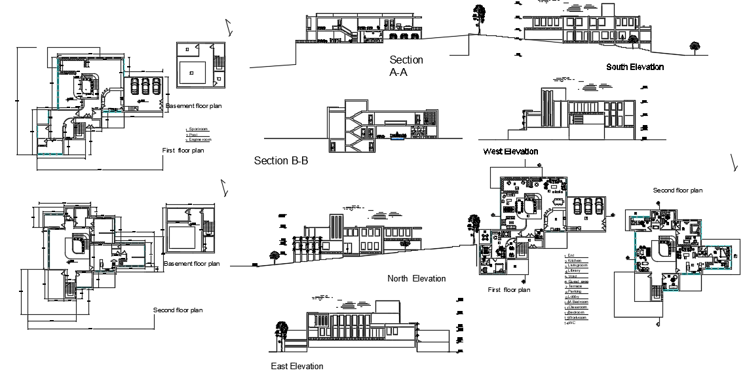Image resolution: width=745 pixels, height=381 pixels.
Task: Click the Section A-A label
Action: [x=406, y=66]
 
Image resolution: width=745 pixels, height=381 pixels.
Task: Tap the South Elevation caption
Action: [x=634, y=67]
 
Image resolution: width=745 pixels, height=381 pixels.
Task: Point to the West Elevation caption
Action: [x=510, y=152]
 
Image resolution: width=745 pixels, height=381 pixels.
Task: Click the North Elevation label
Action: [x=416, y=279]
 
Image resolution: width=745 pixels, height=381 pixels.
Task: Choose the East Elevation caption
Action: [x=297, y=367]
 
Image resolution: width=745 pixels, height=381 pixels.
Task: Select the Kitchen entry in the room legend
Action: [x=575, y=261]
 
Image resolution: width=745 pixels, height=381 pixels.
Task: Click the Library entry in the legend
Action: [x=575, y=270]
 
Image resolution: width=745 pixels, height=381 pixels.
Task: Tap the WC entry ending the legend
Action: [x=571, y=323]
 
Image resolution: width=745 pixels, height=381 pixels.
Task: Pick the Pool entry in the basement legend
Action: [x=194, y=135]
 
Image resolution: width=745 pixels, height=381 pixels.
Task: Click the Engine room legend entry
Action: [x=199, y=140]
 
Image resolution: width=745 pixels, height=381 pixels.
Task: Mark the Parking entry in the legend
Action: [x=575, y=291]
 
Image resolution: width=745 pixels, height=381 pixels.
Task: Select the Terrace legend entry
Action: [x=575, y=286]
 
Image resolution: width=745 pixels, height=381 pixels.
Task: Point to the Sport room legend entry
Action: [x=198, y=130]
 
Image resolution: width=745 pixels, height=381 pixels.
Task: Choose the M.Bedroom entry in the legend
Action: [x=577, y=302]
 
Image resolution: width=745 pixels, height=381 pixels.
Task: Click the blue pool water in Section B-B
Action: [x=397, y=137]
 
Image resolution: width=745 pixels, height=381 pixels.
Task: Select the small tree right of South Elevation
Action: [x=694, y=46]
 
